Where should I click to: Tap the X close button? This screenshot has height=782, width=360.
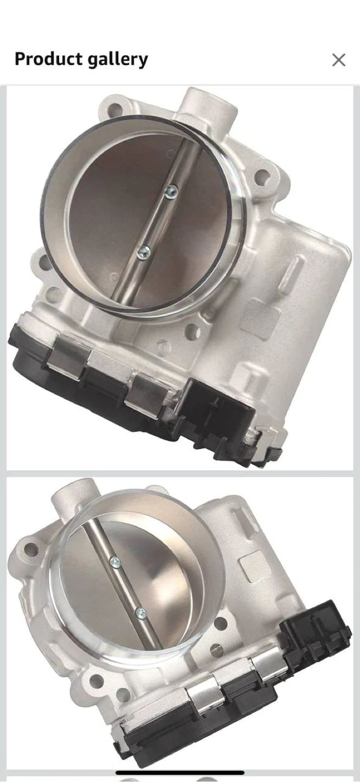tap(338, 60)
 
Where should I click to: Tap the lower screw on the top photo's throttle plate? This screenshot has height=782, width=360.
tap(144, 252)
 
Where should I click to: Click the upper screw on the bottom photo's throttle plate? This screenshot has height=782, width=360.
tap(115, 562)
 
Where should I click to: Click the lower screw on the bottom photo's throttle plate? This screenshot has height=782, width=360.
tap(141, 613)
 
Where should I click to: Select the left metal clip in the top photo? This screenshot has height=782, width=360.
tap(68, 352)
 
